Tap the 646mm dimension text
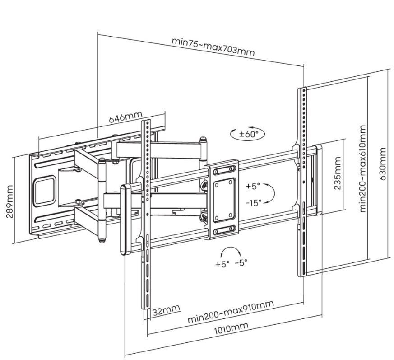pyautogui.click(x=125, y=117)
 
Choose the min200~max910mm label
pyautogui.click(x=230, y=312)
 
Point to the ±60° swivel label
pyautogui.click(x=248, y=134)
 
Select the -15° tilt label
pyautogui.click(x=254, y=202)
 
